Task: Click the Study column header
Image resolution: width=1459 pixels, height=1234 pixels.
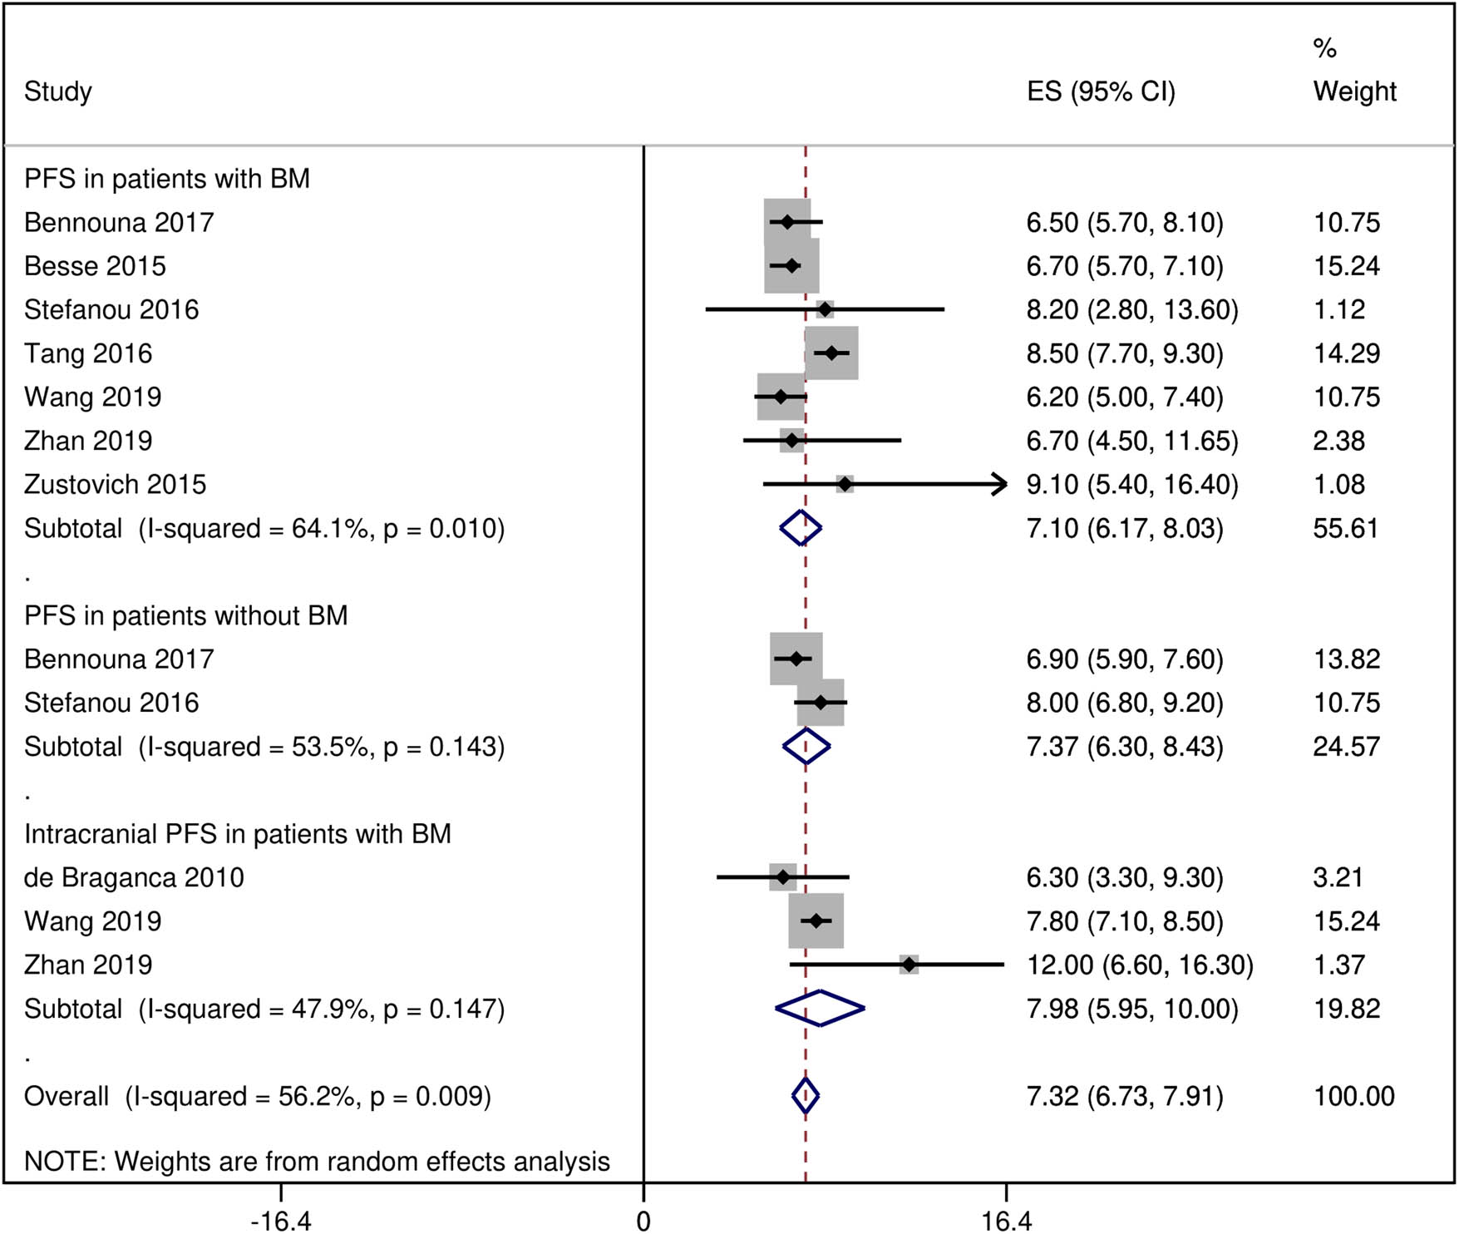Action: tap(57, 91)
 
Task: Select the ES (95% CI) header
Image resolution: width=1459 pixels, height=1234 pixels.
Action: tap(1100, 91)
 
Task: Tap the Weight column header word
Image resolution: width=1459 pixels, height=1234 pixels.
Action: tap(1354, 91)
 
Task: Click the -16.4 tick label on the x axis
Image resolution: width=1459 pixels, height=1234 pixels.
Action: tap(281, 1221)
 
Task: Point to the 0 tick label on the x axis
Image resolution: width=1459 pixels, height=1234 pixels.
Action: tap(643, 1221)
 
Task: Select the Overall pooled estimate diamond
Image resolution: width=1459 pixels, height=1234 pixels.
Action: tap(805, 1096)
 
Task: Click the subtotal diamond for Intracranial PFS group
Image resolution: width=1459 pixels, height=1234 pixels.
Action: tap(820, 1009)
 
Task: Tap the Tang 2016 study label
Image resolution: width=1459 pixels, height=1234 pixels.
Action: tap(88, 353)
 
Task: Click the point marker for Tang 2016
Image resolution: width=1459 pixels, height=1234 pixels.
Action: tap(831, 353)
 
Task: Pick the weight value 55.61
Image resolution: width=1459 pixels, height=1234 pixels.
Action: tap(1345, 528)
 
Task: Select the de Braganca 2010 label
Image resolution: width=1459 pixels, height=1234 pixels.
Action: tap(134, 877)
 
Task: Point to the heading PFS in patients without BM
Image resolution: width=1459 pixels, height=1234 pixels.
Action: tap(185, 615)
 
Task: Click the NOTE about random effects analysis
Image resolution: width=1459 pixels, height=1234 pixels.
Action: tap(317, 1161)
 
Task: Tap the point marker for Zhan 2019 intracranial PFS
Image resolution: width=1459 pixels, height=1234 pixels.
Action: tap(909, 965)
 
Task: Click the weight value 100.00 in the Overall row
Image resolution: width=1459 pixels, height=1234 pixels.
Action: tap(1353, 1096)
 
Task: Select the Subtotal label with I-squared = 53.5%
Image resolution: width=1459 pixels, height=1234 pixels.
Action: tap(264, 747)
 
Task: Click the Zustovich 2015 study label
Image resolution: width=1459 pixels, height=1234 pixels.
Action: tap(115, 484)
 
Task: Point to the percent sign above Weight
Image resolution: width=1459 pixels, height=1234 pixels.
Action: tap(1324, 48)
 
